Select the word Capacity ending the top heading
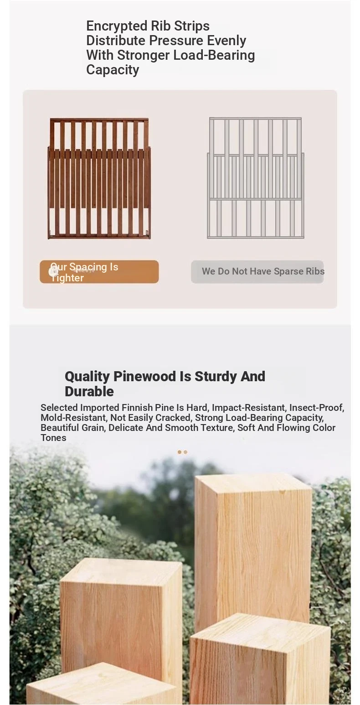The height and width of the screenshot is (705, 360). [113, 70]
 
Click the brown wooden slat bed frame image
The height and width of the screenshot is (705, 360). [99, 178]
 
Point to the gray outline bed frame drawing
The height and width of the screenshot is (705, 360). [255, 178]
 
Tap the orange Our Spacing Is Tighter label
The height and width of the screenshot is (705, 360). [99, 272]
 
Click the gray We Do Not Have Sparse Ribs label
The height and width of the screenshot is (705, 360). [257, 272]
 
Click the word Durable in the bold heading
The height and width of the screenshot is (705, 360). [89, 392]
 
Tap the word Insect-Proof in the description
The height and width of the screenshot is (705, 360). [317, 408]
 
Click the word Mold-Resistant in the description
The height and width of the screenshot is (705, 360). [73, 418]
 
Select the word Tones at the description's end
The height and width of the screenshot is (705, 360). [53, 438]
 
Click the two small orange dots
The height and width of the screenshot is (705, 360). [182, 452]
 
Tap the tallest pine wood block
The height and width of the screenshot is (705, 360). [253, 548]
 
